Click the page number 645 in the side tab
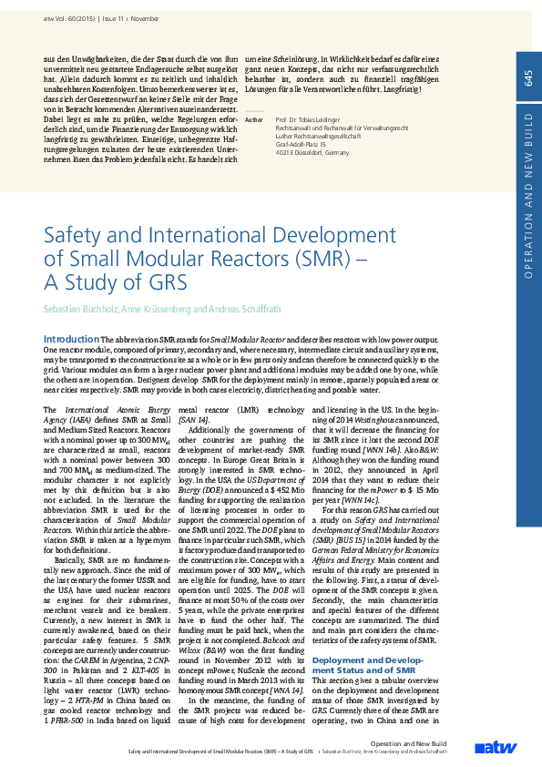(x=528, y=79)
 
